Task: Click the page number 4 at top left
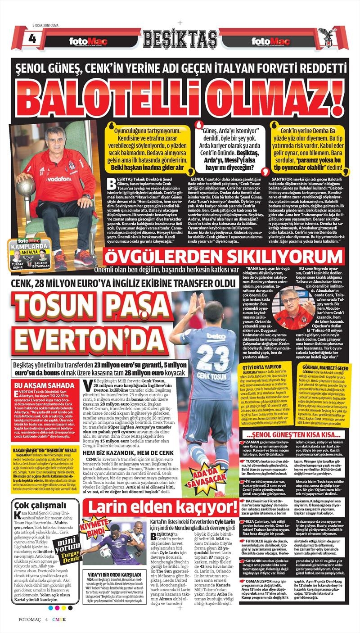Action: coord(32,38)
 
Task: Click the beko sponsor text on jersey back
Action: coord(216,336)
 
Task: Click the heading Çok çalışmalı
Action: coord(38,505)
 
